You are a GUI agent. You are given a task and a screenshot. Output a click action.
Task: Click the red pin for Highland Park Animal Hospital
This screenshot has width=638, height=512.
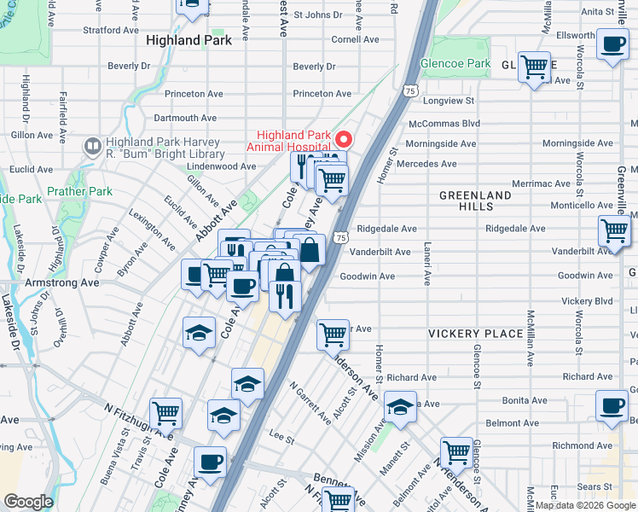345,139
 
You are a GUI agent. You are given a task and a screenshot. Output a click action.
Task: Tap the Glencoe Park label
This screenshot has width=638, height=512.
455,63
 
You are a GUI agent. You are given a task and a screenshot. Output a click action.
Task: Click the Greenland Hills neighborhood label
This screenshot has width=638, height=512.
475,201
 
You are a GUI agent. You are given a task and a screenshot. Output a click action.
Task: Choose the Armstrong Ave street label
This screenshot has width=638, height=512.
63,282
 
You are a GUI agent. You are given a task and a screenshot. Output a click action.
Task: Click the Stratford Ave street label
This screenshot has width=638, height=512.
110,30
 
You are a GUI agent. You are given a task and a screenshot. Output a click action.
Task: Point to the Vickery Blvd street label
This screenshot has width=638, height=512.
587,301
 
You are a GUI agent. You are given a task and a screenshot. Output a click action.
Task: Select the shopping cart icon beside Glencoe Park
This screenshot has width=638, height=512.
534,67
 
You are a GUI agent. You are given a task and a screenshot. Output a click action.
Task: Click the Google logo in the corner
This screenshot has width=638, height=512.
28,502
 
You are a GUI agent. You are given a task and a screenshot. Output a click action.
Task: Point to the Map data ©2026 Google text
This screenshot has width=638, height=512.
586,505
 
